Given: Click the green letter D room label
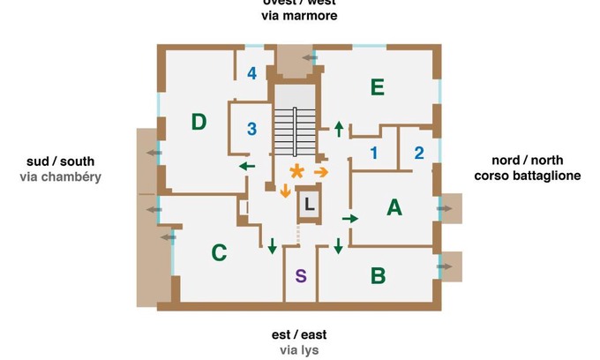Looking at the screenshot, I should click(199, 122).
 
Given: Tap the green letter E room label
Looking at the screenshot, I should click(377, 86).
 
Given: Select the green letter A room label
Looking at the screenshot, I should click(394, 208).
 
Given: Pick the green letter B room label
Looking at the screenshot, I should click(378, 275).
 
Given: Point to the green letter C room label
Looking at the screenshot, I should click(220, 253).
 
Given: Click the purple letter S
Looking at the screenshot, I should click(301, 275).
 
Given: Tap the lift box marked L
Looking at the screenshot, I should click(308, 205).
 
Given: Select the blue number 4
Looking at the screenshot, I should click(252, 73).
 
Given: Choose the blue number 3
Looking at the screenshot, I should click(251, 130).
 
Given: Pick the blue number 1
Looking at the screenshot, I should click(373, 154).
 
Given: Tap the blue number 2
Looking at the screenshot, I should click(419, 152).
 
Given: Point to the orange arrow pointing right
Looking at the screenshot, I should click(321, 171).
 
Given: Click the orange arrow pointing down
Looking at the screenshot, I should click(285, 191).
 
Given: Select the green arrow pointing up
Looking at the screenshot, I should click(339, 129).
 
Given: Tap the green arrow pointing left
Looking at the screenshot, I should click(247, 166).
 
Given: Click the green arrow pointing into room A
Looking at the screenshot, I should click(350, 217).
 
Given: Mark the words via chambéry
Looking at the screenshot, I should click(60, 176).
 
